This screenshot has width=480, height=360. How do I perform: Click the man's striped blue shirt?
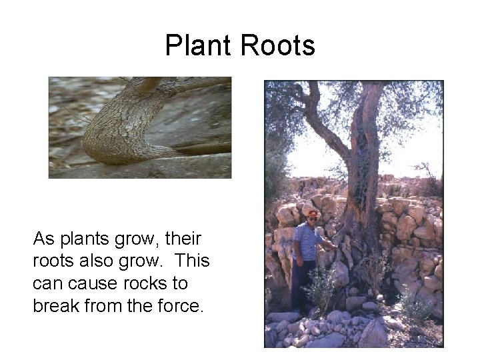click(309, 241)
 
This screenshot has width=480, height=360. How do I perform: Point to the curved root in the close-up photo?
click(127, 130)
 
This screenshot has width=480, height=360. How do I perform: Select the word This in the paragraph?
click(193, 261)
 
